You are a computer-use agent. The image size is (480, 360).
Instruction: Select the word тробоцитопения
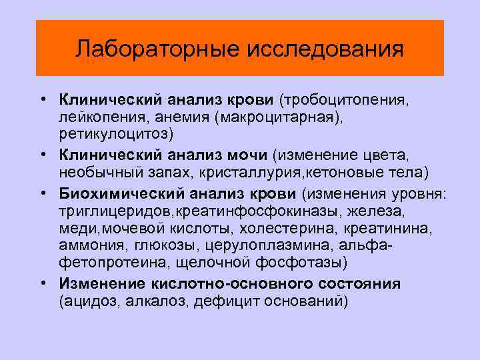345,100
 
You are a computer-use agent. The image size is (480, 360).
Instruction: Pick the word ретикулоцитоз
114,133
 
